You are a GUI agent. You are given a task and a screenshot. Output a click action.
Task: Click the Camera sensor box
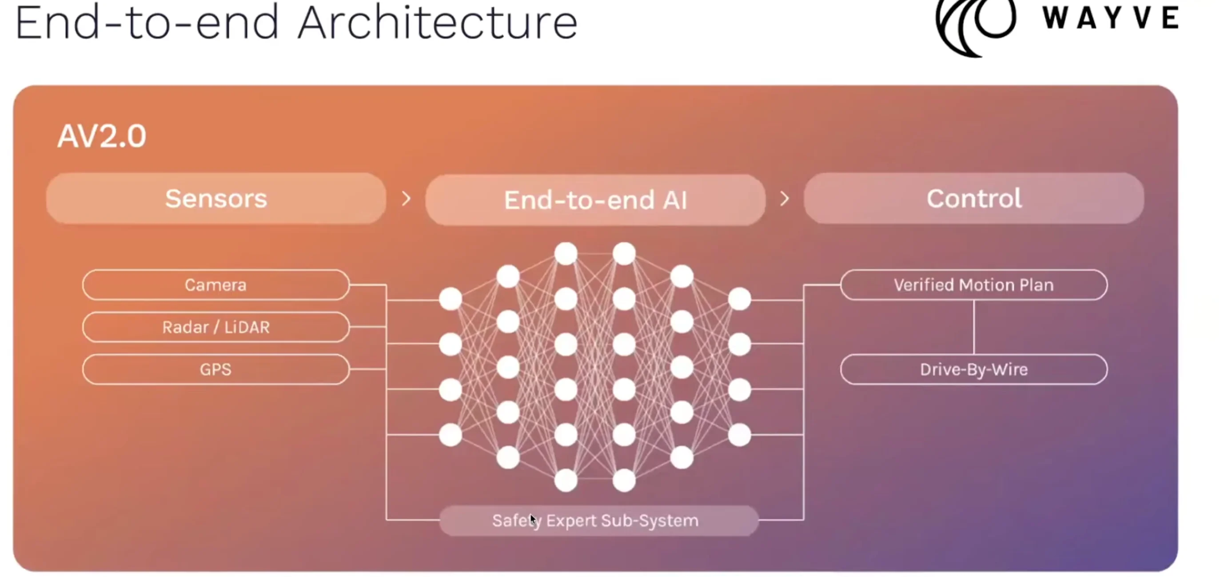(x=215, y=284)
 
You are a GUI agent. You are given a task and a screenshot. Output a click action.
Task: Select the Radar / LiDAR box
(x=215, y=327)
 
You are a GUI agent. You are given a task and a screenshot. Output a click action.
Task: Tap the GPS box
(x=215, y=369)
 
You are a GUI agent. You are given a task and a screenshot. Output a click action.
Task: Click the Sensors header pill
(x=216, y=199)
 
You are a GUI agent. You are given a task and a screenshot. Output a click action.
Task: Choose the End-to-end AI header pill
(x=595, y=200)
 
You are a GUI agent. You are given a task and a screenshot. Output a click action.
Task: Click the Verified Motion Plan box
(x=974, y=284)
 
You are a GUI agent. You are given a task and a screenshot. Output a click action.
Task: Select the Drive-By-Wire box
(x=974, y=369)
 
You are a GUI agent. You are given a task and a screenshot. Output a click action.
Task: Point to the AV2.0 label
(x=102, y=136)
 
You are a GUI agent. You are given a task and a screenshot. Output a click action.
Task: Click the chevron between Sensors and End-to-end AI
(x=406, y=199)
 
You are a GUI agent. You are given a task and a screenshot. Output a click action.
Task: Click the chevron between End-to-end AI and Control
(x=784, y=199)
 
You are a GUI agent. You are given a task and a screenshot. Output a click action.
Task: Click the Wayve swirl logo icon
(x=976, y=24)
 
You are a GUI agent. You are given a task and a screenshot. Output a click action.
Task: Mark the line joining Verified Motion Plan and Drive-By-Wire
(x=974, y=327)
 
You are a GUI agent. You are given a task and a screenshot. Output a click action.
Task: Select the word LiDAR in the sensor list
(x=247, y=327)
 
